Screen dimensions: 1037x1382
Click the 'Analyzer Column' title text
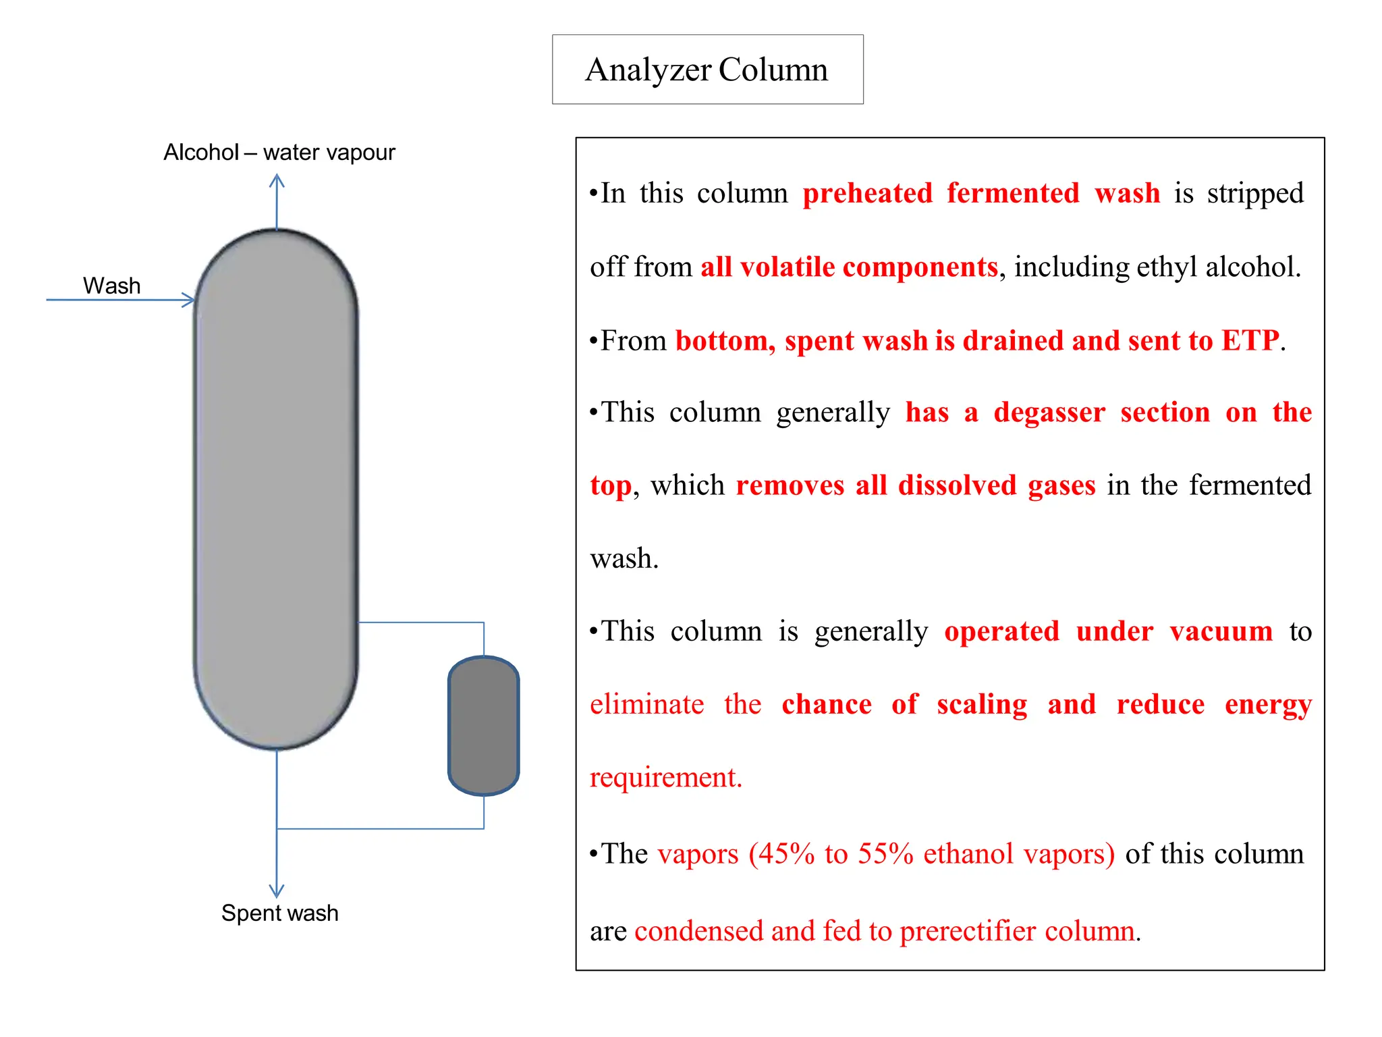tap(707, 70)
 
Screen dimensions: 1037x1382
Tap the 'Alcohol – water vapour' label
tap(279, 153)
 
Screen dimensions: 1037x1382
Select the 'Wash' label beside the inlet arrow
tap(111, 286)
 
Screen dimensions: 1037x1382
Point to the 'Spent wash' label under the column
tap(279, 913)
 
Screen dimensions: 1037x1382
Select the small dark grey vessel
tap(483, 726)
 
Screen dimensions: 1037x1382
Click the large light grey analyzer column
tap(276, 489)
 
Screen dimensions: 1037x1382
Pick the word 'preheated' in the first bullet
tap(867, 194)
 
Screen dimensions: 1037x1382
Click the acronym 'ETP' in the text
tap(1250, 340)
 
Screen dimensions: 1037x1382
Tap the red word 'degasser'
tap(1049, 413)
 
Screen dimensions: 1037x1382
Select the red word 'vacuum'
tap(1221, 632)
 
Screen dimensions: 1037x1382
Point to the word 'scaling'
tap(982, 705)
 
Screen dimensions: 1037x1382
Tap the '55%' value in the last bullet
tap(885, 854)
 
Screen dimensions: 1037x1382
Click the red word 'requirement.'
tap(665, 778)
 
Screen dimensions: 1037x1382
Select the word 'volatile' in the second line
tap(787, 267)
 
